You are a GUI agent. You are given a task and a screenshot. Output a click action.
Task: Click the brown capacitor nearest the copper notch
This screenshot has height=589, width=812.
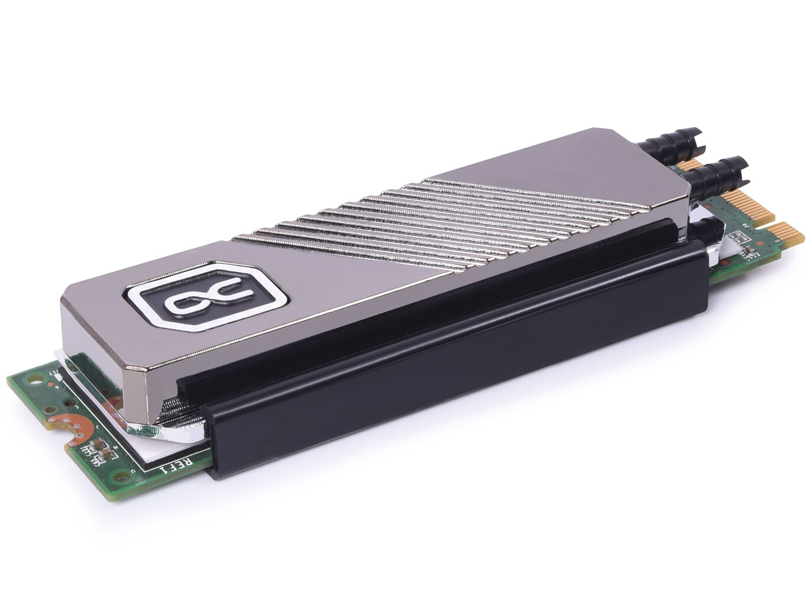click(x=101, y=448)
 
